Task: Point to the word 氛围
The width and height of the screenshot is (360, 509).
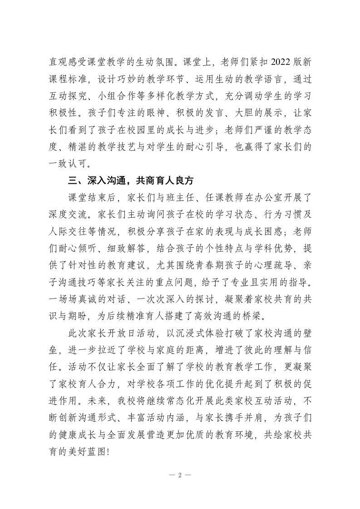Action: point(163,62)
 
